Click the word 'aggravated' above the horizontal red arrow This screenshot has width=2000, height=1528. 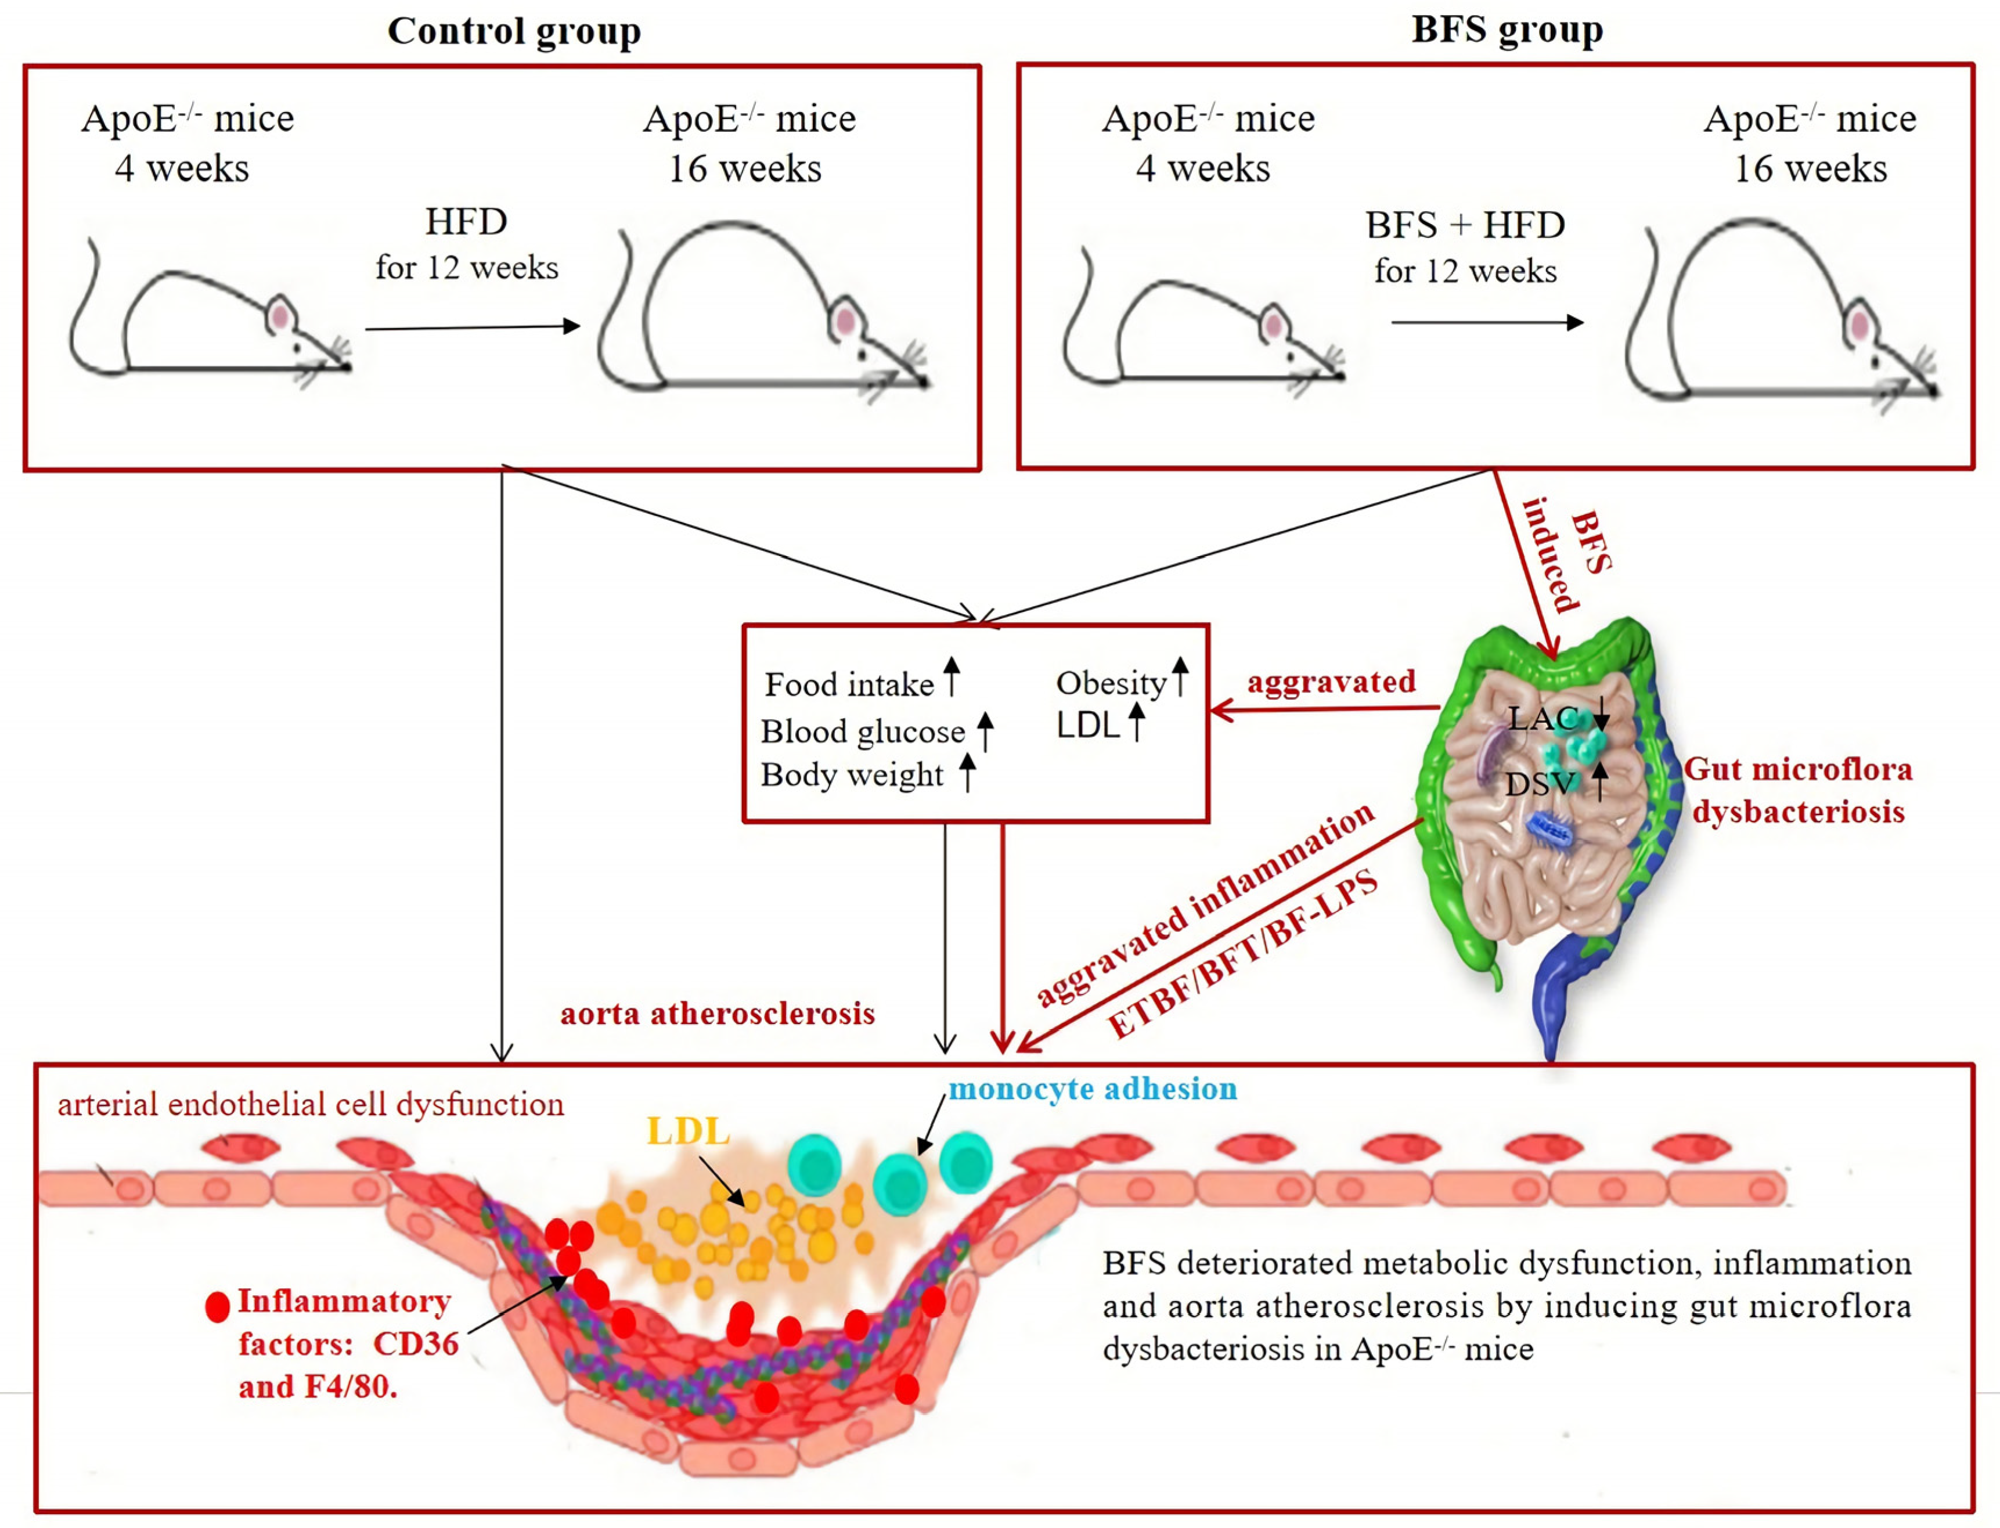click(1331, 681)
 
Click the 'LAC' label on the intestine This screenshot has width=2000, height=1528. click(1541, 719)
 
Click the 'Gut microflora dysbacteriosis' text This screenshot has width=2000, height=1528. click(1798, 790)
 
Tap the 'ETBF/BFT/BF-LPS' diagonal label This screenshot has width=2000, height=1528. click(1242, 954)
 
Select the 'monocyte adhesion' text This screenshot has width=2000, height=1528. click(1093, 1089)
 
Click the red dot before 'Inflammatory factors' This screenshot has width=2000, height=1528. click(217, 1307)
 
